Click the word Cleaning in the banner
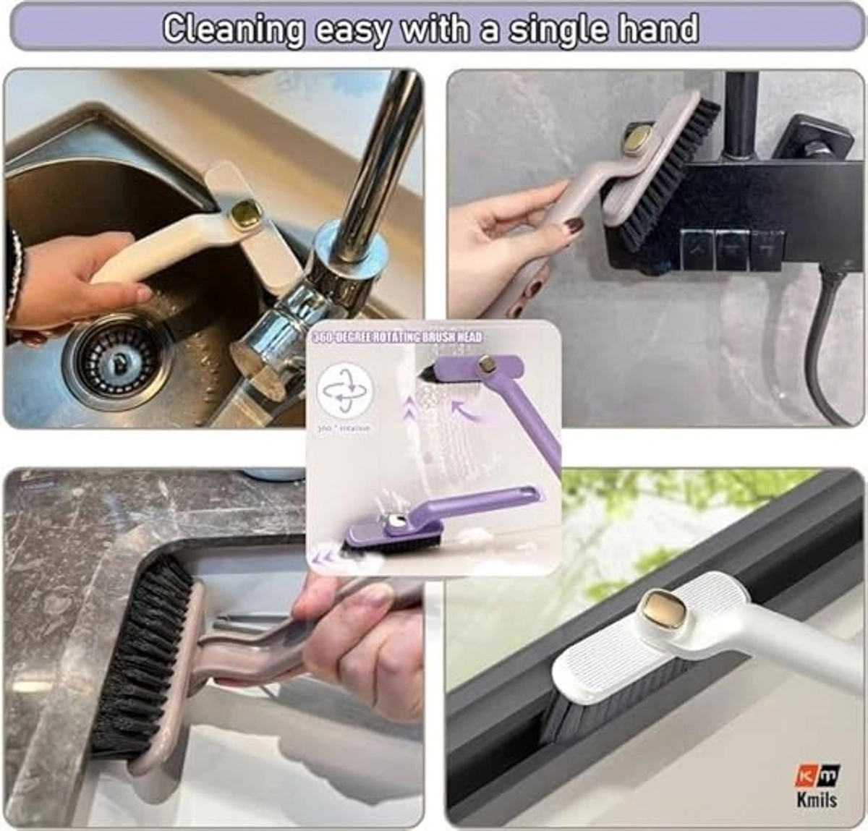(x=233, y=29)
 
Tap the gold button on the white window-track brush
(x=661, y=606)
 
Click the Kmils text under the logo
(x=817, y=799)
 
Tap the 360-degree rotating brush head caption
(x=396, y=337)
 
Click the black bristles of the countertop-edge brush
(x=141, y=651)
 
